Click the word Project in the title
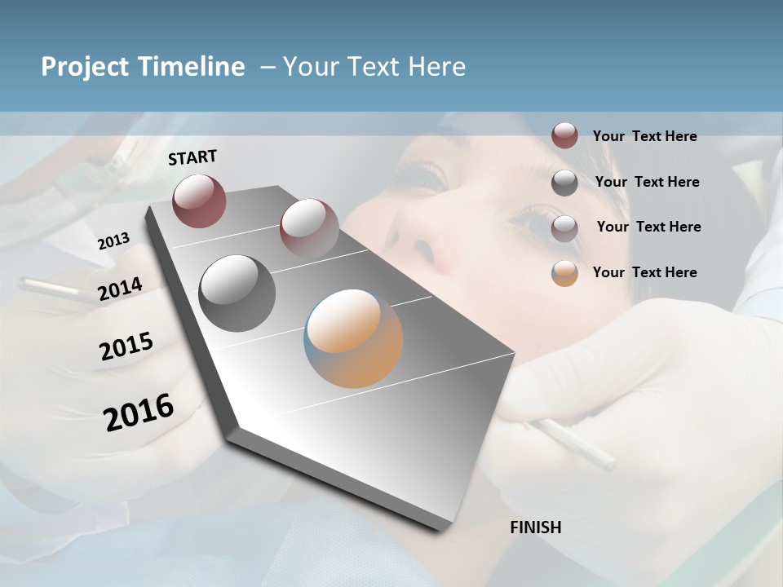(82, 67)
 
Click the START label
(192, 157)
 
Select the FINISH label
(536, 527)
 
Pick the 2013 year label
(114, 241)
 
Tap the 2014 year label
(121, 289)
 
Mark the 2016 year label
(139, 412)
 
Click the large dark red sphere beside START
(199, 201)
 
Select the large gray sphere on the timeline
(237, 293)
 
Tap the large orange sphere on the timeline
(353, 338)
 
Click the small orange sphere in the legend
(564, 273)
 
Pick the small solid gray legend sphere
(564, 183)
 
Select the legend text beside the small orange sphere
(645, 272)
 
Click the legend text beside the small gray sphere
(648, 182)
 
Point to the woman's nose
(418, 236)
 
